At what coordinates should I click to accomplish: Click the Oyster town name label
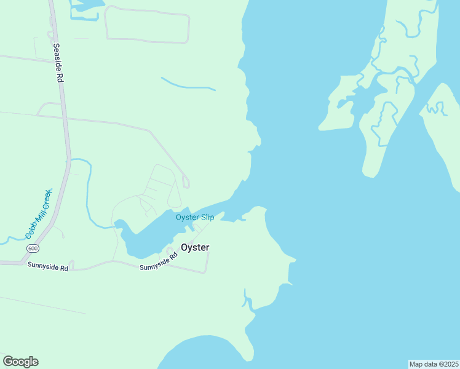pyautogui.click(x=195, y=247)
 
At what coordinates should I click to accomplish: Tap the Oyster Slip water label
pyautogui.click(x=195, y=217)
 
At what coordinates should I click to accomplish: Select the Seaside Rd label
pyautogui.click(x=58, y=63)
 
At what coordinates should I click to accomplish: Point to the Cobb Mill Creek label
pyautogui.click(x=39, y=214)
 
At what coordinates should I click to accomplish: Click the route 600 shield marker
pyautogui.click(x=32, y=247)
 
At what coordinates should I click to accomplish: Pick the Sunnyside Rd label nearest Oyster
pyautogui.click(x=158, y=263)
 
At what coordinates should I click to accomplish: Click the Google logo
pyautogui.click(x=20, y=362)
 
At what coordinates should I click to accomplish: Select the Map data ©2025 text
pyautogui.click(x=434, y=364)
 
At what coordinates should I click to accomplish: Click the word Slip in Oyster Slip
pyautogui.click(x=207, y=217)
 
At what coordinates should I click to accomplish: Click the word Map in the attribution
pyautogui.click(x=416, y=364)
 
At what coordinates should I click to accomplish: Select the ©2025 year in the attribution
pyautogui.click(x=447, y=364)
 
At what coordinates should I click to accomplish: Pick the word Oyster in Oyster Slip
pyautogui.click(x=187, y=217)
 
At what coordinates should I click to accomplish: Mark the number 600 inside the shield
pyautogui.click(x=32, y=247)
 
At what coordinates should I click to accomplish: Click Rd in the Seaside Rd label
pyautogui.click(x=61, y=77)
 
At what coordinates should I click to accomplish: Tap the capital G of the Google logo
pyautogui.click(x=8, y=361)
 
